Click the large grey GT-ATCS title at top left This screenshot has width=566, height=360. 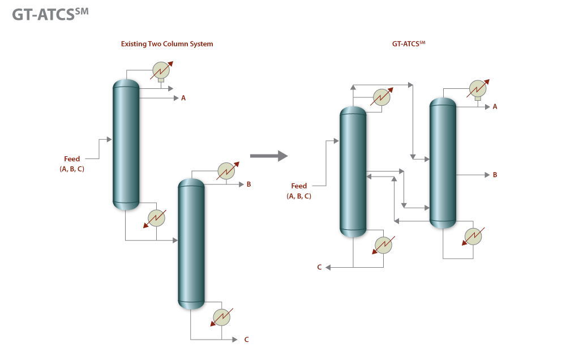[50, 15]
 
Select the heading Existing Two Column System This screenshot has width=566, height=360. [167, 44]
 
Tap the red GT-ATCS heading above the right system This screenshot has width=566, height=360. [408, 43]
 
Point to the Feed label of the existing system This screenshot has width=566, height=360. [72, 159]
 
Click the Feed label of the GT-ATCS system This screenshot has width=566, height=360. [299, 186]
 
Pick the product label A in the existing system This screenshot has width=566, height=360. [183, 98]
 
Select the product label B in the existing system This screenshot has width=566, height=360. [248, 184]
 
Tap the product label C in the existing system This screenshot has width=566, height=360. [246, 340]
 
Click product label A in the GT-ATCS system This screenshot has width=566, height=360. [495, 106]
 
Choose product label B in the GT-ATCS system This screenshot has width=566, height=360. [495, 175]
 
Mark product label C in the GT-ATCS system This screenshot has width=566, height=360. [319, 267]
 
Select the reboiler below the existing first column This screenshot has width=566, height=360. [157, 217]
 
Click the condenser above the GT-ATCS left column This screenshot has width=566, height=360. [383, 97]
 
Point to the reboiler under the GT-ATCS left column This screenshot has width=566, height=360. [384, 245]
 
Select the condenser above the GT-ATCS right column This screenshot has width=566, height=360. [478, 89]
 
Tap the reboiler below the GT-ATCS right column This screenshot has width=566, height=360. [472, 235]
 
